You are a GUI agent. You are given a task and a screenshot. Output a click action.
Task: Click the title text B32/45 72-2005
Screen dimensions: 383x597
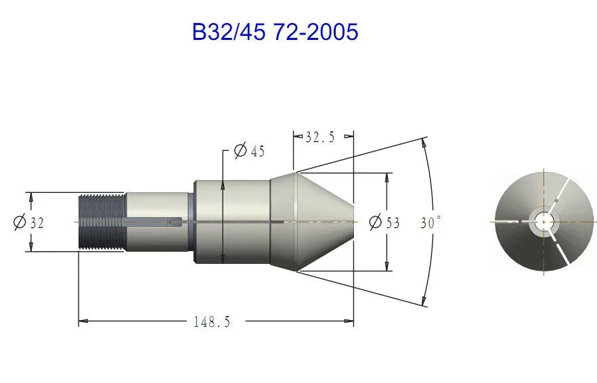click(x=275, y=32)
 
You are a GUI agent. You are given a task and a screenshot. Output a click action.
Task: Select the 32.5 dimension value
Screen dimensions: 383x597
click(x=320, y=137)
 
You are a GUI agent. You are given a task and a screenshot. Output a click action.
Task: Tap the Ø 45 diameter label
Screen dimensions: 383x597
click(x=249, y=151)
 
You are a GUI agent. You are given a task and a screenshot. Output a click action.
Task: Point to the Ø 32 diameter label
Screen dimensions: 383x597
click(x=28, y=222)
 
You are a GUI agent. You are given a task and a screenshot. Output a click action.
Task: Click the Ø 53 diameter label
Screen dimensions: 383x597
click(x=384, y=222)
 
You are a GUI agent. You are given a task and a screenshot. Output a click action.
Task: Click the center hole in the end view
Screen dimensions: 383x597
click(x=544, y=221)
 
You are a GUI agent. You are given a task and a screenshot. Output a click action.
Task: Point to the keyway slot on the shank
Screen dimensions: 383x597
click(x=153, y=221)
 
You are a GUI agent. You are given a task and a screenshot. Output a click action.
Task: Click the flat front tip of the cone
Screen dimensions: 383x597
click(x=353, y=222)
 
